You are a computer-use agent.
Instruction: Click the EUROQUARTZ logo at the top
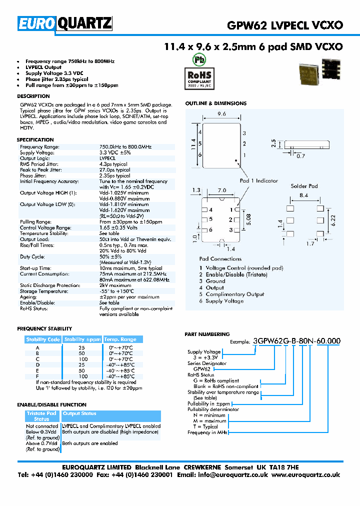65,23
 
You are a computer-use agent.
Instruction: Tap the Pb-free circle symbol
199,58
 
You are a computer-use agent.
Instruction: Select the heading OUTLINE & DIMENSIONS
215,103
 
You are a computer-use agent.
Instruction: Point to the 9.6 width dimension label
222,114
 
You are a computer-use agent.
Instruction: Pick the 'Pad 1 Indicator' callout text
259,180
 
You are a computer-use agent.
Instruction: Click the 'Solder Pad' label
304,186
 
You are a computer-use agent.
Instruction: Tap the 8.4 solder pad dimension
303,195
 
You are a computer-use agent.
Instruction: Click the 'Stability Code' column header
43,339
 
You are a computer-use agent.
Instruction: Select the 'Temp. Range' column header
120,339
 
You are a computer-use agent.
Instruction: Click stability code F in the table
37,376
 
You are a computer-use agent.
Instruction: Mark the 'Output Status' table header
79,413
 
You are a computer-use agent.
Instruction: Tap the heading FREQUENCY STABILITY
44,328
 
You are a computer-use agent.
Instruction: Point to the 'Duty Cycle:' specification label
33,256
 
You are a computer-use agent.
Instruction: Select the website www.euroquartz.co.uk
306,475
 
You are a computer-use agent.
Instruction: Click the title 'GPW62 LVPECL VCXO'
285,24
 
